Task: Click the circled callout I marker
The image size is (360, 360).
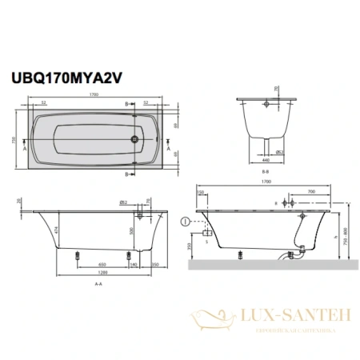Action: [x=186, y=221]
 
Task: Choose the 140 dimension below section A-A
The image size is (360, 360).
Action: [x=133, y=265]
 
